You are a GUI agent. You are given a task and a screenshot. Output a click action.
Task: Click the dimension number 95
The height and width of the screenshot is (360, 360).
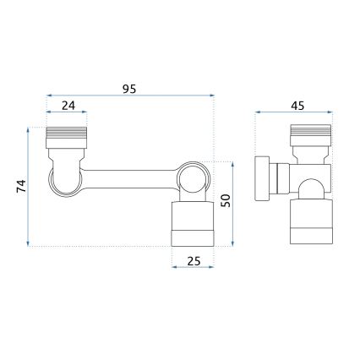129,88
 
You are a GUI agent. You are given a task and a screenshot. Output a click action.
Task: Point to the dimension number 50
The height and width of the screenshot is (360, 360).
226,202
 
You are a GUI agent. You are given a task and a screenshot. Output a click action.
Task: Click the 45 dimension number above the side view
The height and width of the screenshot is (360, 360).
297,106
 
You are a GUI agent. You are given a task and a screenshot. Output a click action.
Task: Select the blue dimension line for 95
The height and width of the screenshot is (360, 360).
129,95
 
